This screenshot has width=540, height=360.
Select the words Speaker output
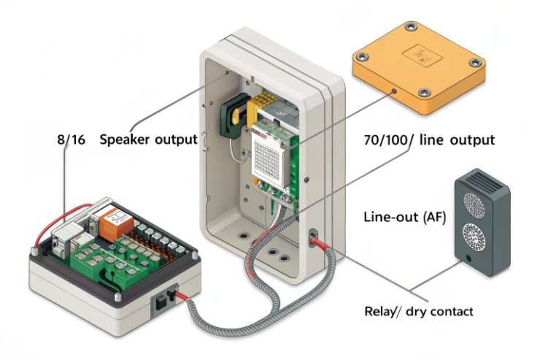coord(147,139)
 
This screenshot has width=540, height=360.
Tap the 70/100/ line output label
coord(428,139)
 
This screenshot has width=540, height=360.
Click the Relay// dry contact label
coord(418,312)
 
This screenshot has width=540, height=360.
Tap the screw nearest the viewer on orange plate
coord(424,92)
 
